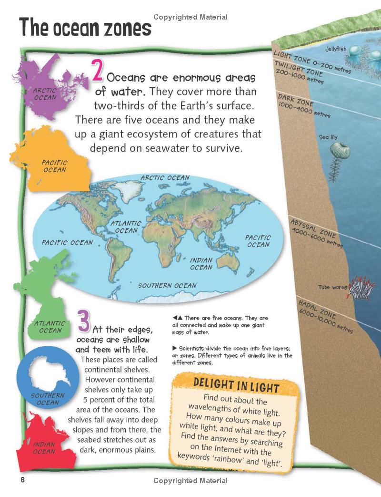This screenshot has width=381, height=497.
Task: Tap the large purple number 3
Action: click(x=83, y=321)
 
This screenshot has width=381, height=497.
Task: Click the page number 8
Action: click(x=22, y=480)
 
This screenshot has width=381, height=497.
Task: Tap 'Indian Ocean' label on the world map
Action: click(x=201, y=264)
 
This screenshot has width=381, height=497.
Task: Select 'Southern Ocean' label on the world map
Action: click(x=167, y=286)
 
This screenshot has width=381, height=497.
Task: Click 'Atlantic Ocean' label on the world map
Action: click(x=126, y=227)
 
